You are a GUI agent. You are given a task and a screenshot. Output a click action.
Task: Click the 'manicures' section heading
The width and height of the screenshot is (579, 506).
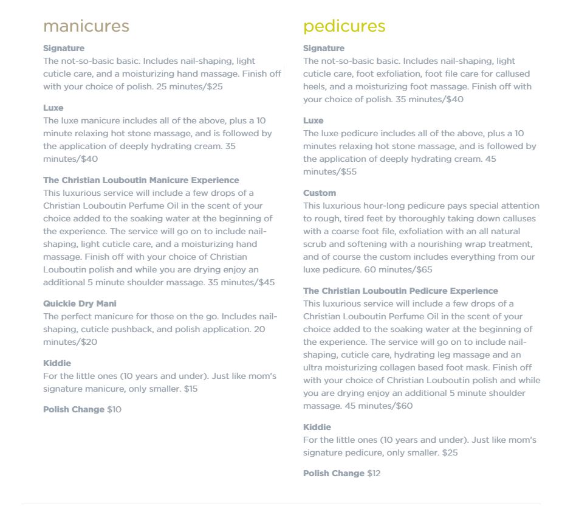[x=86, y=26]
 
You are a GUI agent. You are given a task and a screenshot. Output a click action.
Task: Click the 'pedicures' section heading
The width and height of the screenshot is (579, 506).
[x=344, y=26]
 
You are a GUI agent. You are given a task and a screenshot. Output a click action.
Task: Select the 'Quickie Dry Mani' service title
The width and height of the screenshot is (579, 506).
[x=80, y=303]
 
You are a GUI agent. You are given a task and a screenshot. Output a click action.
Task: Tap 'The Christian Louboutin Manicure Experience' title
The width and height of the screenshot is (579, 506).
[x=141, y=180]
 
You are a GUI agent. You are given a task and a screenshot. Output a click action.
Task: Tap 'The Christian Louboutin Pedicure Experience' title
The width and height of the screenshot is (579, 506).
[x=400, y=291]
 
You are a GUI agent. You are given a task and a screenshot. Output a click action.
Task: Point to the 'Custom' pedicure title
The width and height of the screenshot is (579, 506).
[x=320, y=193]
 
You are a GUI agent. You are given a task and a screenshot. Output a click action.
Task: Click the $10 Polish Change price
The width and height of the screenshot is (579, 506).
[x=114, y=409]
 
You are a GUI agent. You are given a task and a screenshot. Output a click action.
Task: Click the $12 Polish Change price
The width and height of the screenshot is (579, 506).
[x=374, y=473]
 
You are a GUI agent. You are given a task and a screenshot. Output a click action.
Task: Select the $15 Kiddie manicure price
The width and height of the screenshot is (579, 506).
[x=191, y=389]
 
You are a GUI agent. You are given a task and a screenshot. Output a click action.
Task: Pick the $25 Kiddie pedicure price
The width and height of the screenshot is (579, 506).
[x=450, y=452]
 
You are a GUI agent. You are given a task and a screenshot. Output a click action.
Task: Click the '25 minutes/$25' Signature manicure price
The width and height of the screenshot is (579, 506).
[x=190, y=86]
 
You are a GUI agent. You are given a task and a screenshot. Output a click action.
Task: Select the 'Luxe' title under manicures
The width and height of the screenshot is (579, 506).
[x=53, y=108]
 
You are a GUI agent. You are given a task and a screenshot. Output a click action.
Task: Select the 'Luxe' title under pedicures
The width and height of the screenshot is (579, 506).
[x=313, y=120]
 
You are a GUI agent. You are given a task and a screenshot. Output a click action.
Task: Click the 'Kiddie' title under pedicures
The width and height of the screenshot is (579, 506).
[x=317, y=427]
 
